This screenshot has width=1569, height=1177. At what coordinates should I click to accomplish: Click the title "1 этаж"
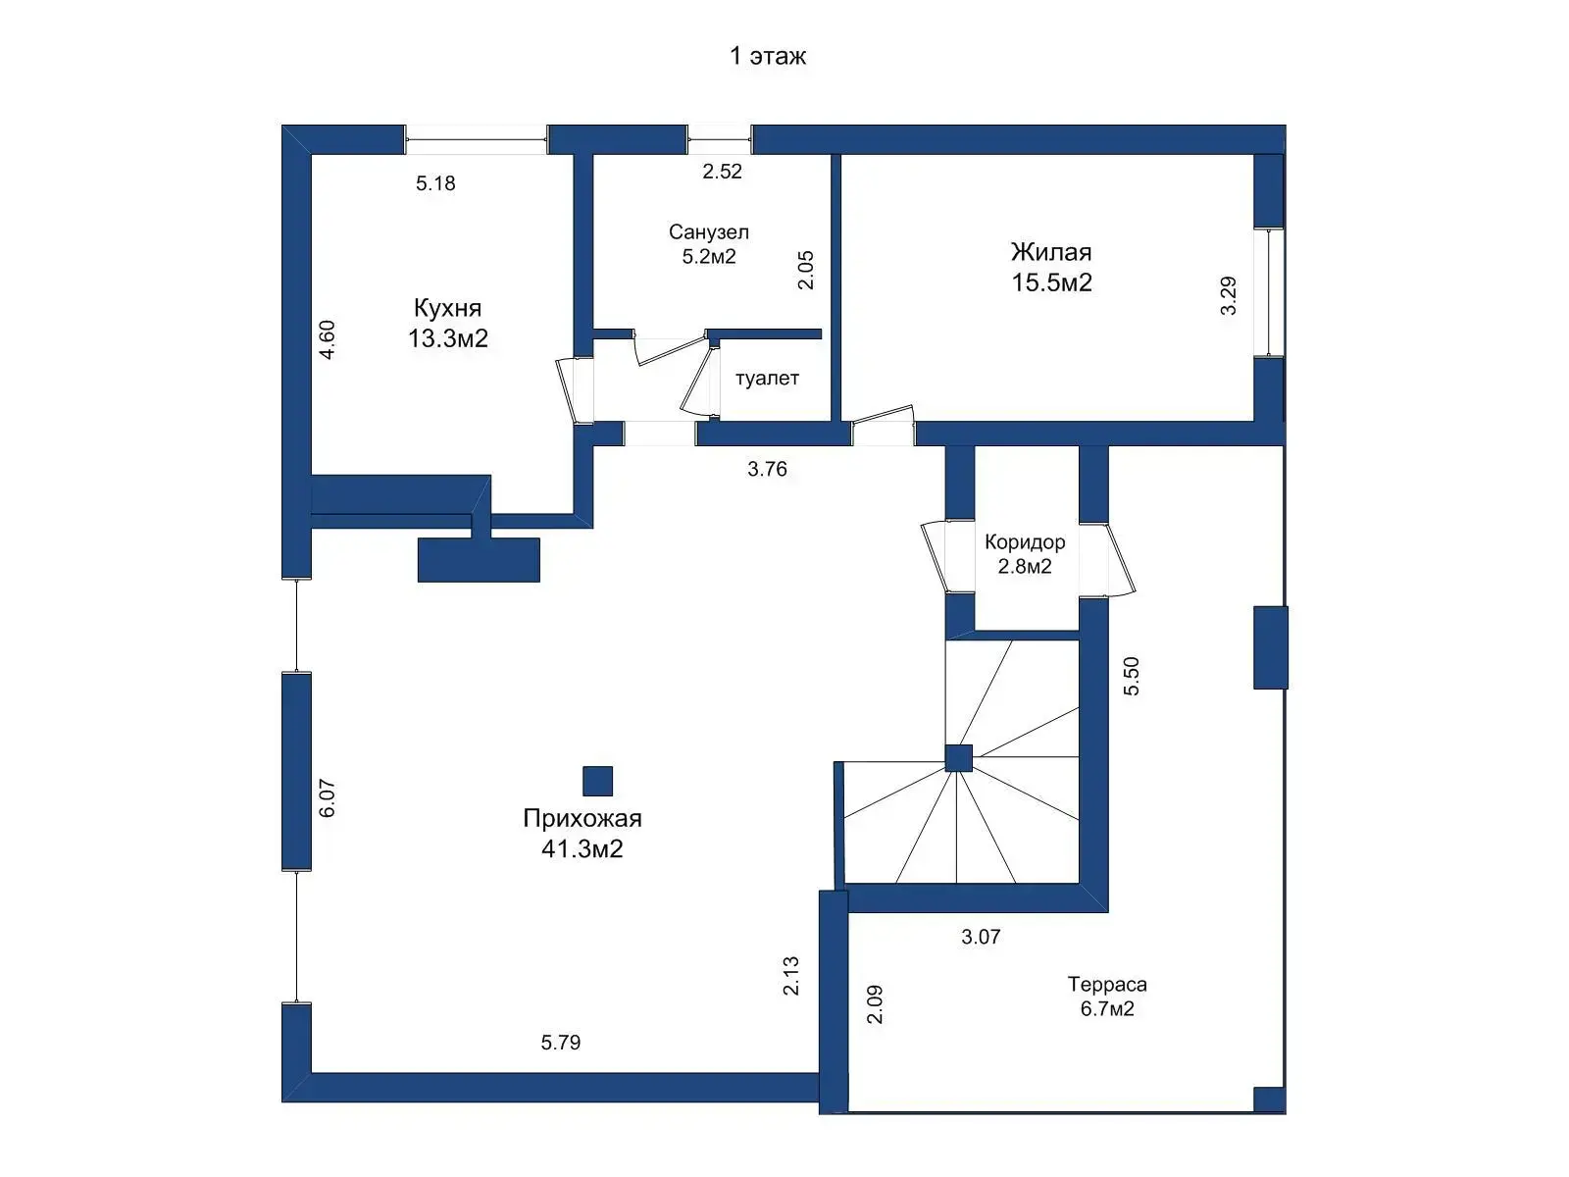pos(767,56)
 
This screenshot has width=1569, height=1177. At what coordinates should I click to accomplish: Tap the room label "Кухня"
pos(447,308)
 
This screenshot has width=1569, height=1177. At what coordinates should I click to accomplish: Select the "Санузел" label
pos(708,231)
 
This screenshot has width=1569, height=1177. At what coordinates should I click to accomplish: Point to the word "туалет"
pos(767,378)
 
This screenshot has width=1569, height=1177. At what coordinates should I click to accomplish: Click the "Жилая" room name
pos(1051,252)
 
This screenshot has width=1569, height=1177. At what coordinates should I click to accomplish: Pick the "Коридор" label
pos(1025,541)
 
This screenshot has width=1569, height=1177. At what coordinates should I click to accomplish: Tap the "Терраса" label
pos(1106,984)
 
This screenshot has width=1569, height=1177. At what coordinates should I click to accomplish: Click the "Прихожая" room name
pos(582,818)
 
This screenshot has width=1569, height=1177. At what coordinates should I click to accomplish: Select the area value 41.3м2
pos(582,849)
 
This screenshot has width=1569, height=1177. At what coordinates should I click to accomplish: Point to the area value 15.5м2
pos(1051,283)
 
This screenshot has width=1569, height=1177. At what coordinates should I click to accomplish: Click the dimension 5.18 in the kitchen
pos(435,183)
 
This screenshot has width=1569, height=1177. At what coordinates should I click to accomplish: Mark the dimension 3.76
pos(767,469)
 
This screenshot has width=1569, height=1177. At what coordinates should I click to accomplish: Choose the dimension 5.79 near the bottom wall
pos(560,1043)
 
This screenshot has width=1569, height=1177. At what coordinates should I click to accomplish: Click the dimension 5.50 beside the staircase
pos(1131,676)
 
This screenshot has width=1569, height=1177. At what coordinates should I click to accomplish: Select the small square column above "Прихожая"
pos(597,781)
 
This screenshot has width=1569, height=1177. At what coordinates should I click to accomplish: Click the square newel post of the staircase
pos(958,758)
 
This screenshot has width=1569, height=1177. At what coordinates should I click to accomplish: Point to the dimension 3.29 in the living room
pos(1228,296)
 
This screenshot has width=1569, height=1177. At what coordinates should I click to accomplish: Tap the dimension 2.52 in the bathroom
pos(722,172)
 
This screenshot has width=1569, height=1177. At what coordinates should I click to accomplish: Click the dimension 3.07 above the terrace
pos(981,937)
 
